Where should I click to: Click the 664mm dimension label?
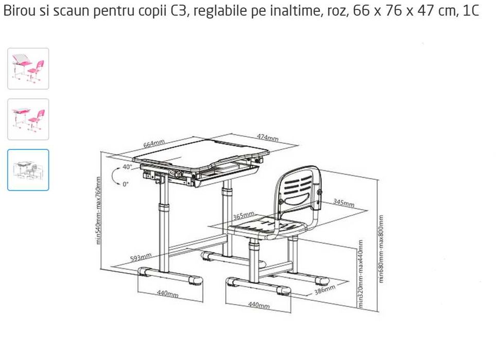click(x=154, y=144)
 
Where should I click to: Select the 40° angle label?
click(x=127, y=167)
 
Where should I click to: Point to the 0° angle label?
click(x=126, y=184)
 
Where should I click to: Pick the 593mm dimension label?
click(x=141, y=257)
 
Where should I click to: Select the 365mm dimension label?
click(x=244, y=215)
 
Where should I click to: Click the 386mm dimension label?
click(x=324, y=289)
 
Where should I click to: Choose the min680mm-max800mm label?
click(x=382, y=249)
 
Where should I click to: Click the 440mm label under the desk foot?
click(x=167, y=294)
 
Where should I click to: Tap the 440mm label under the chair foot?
click(x=258, y=305)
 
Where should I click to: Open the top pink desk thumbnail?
click(x=28, y=68)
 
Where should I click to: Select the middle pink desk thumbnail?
click(x=28, y=119)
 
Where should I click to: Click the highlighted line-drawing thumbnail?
click(x=28, y=170)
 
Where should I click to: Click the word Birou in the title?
click(x=16, y=12)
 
